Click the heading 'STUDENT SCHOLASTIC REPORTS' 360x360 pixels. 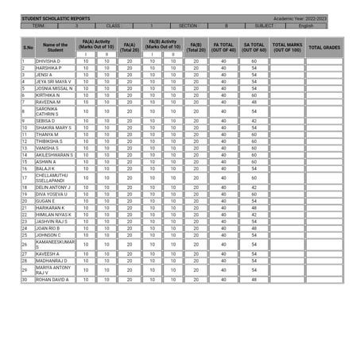[56, 17]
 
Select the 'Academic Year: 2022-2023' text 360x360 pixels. [300, 17]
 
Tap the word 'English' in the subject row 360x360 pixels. [306, 25]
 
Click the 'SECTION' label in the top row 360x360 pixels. [188, 25]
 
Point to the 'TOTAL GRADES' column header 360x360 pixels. [324, 48]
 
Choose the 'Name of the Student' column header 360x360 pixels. [55, 48]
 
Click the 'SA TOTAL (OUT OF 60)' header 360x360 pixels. [254, 48]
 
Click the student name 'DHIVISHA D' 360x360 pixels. [48, 61]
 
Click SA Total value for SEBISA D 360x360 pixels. [254, 121]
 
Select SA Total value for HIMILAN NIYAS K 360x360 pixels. [254, 215]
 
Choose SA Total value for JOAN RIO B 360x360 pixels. [254, 228]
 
